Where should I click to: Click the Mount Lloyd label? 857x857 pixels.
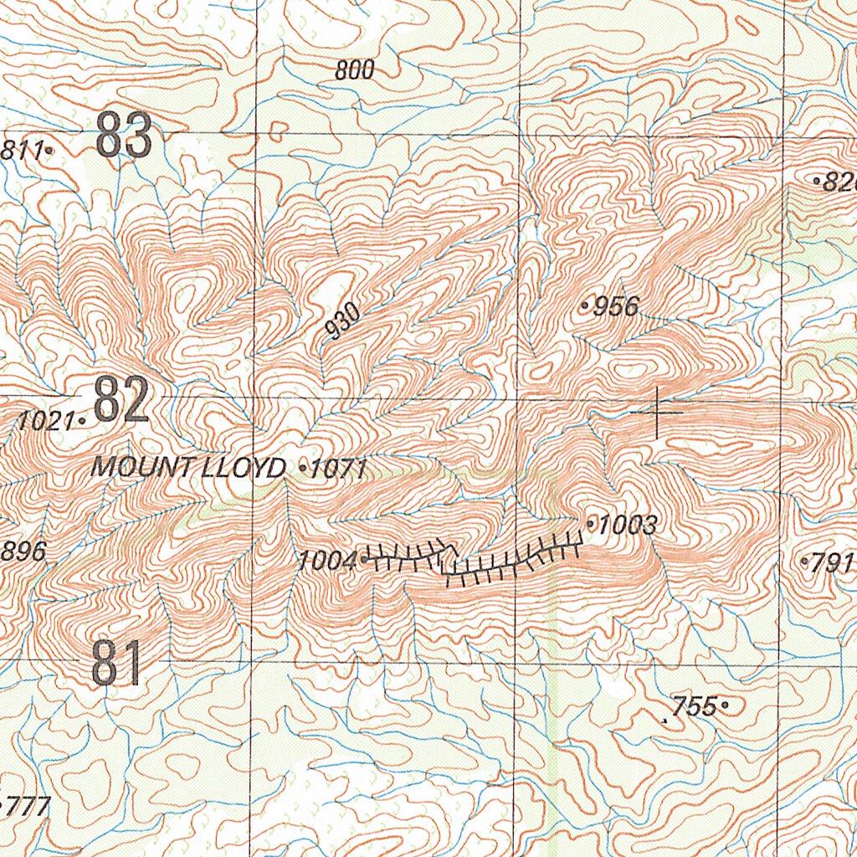[187, 468]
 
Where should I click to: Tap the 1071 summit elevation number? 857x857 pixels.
[338, 469]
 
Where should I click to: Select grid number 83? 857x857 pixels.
[124, 136]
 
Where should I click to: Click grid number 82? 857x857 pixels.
[121, 401]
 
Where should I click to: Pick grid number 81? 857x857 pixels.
[116, 664]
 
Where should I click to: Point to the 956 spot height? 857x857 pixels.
[615, 307]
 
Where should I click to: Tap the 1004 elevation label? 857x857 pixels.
[327, 561]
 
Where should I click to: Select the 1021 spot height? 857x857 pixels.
[46, 421]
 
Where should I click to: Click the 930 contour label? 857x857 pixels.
[343, 321]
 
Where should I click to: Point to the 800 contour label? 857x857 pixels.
[354, 71]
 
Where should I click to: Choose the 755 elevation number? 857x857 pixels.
[695, 706]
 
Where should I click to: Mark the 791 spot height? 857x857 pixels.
[833, 562]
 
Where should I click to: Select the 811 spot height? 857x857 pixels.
[22, 151]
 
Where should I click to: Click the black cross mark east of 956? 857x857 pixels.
[658, 413]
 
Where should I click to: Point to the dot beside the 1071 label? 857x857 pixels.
[302, 469]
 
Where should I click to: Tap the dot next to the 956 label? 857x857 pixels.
[585, 307]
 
